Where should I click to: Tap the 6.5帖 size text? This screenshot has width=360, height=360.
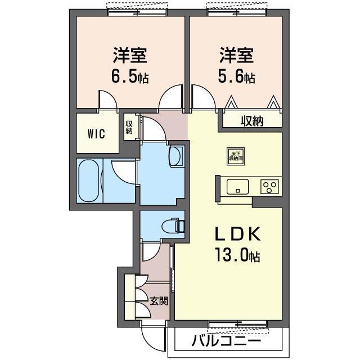click(130, 77)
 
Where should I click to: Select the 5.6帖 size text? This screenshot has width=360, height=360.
click(237, 77)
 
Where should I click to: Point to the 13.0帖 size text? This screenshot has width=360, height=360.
click(236, 256)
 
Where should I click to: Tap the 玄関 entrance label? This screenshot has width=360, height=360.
click(159, 301)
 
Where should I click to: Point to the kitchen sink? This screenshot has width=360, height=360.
click(237, 186)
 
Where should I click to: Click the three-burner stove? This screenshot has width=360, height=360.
click(269, 186)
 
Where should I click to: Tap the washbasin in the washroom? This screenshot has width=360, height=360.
click(176, 156)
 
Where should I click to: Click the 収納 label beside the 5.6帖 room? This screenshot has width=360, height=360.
click(252, 120)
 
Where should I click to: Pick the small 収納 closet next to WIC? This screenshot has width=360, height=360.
click(129, 128)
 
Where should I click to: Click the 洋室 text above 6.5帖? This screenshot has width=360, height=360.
click(130, 56)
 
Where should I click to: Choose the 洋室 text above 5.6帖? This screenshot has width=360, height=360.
click(237, 56)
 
